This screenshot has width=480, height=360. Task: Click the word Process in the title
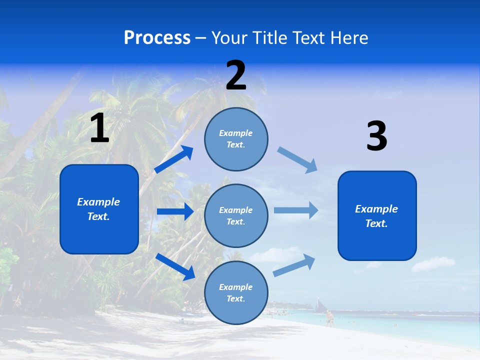pyautogui.click(x=157, y=38)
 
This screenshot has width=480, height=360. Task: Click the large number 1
pyautogui.click(x=99, y=128)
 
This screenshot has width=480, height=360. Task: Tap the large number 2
pyautogui.click(x=236, y=75)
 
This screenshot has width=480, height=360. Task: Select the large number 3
pyautogui.click(x=376, y=136)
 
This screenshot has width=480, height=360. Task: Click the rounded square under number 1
pyautogui.click(x=99, y=209)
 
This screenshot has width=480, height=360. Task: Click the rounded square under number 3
pyautogui.click(x=377, y=215)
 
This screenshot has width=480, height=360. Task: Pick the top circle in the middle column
pyautogui.click(x=236, y=139)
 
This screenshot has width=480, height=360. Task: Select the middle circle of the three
pyautogui.click(x=236, y=215)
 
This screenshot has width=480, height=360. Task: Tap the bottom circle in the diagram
pyautogui.click(x=236, y=292)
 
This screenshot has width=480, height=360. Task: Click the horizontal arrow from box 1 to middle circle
pyautogui.click(x=175, y=211)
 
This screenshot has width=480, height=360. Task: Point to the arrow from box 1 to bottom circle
pyautogui.click(x=175, y=266)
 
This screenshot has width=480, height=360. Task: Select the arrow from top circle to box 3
pyautogui.click(x=297, y=159)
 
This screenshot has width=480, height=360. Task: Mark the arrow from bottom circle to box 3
pyautogui.click(x=294, y=265)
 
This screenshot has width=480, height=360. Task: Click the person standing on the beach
pyautogui.click(x=329, y=318)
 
